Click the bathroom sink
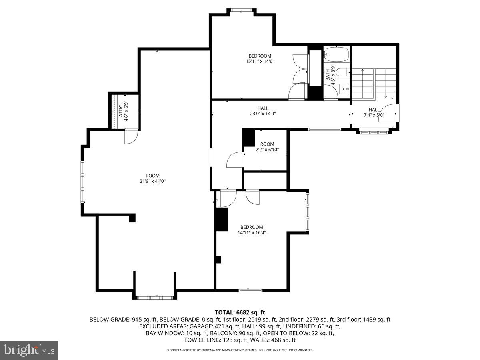(x=343, y=89)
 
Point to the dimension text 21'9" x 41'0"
(x=152, y=181)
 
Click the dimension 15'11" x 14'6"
(x=260, y=61)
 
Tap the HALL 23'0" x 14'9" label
(x=263, y=111)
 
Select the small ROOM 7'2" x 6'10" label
(x=267, y=147)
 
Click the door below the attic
(x=131, y=137)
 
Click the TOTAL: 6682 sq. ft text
(x=240, y=312)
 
